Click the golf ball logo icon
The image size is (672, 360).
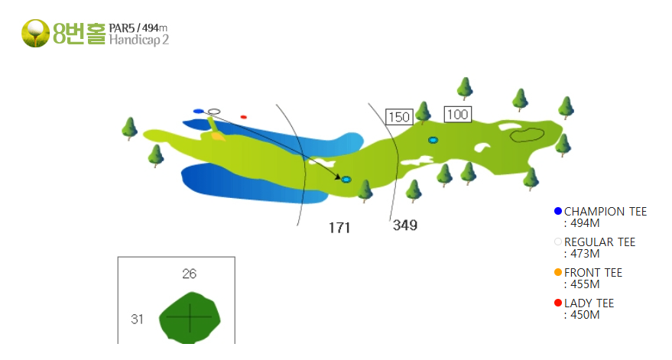(36, 33)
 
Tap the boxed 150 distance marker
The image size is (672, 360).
(399, 117)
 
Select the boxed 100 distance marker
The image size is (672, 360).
(458, 115)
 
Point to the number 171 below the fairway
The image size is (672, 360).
(339, 228)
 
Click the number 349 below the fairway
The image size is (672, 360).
(405, 225)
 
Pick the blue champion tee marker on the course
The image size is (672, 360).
(199, 112)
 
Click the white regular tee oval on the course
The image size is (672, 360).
(214, 112)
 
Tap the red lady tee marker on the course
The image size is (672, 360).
(243, 117)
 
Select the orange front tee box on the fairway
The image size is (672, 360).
(218, 136)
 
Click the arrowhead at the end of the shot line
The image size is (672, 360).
(338, 177)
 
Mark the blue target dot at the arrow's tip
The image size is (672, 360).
(346, 180)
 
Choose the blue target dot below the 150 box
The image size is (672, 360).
(433, 140)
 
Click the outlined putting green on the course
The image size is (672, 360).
(528, 135)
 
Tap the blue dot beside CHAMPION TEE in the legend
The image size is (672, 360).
(558, 211)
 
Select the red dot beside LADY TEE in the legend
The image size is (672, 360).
(558, 303)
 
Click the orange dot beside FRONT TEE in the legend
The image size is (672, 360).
(558, 272)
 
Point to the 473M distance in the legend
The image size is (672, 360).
(585, 254)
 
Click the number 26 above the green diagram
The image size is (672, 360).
(190, 274)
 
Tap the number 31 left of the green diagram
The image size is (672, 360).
(137, 319)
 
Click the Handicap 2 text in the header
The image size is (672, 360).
(139, 40)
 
